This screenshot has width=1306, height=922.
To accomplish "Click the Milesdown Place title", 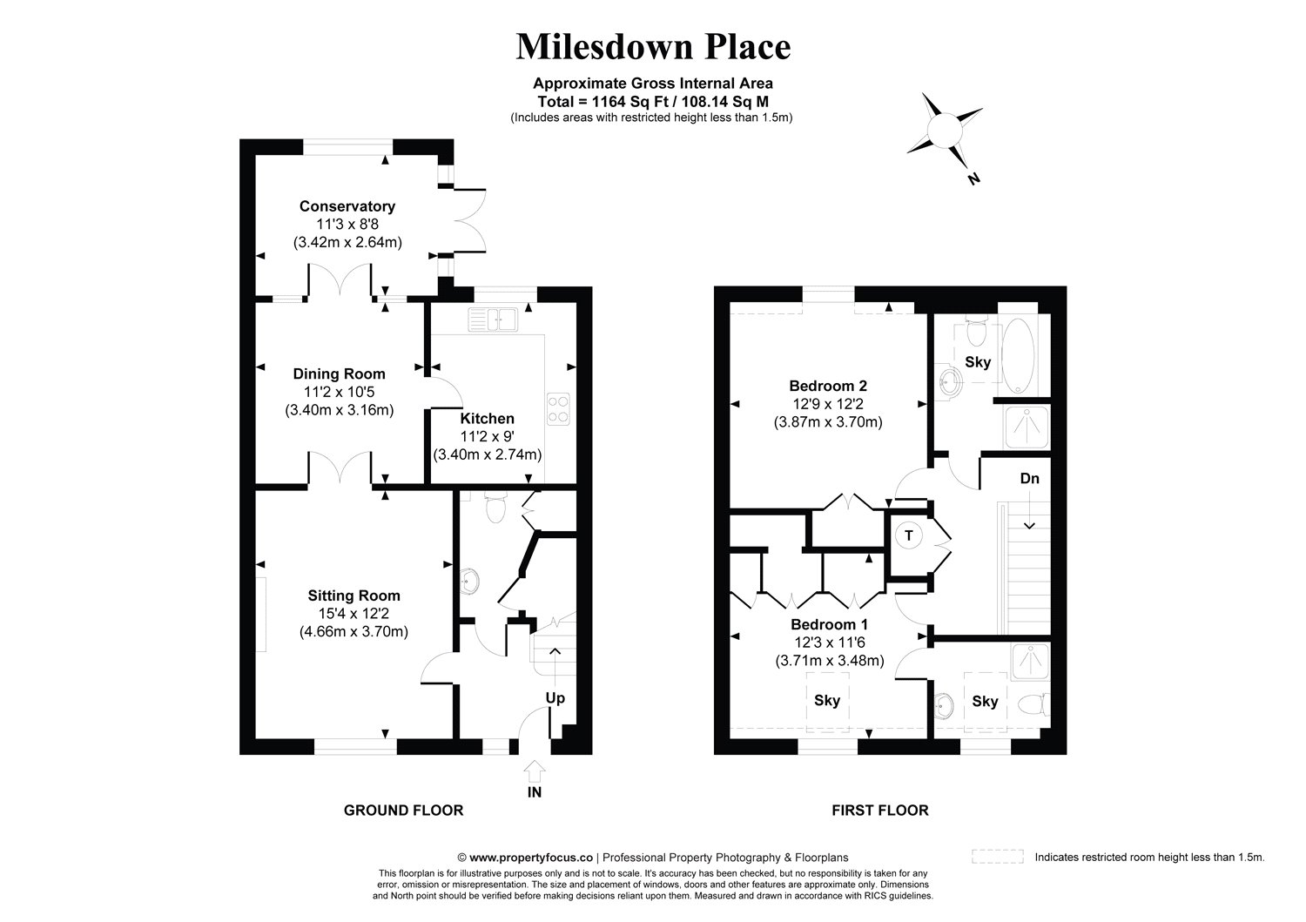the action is tap(653, 47).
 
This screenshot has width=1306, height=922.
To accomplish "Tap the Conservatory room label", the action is tap(347, 205).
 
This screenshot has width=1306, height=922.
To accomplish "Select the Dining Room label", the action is tap(339, 374).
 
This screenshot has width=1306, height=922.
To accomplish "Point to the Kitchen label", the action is tap(488, 418).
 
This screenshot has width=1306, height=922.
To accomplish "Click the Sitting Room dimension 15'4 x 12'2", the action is tap(353, 614).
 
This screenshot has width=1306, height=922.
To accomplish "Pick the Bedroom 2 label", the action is tap(828, 386).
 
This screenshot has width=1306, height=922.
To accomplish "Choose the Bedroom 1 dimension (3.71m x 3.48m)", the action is tap(830, 661).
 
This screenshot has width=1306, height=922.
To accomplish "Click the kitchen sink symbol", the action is tap(493, 320).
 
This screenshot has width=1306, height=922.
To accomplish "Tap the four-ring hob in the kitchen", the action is tap(559, 409).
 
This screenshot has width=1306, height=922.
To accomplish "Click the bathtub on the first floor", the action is tap(1018, 356).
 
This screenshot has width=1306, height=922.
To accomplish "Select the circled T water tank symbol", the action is tap(909, 535).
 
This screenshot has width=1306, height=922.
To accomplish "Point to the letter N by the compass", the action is tap(973, 179).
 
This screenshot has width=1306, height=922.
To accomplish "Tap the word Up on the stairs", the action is tap(555, 698).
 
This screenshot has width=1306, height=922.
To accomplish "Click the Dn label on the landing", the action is tap(1030, 479).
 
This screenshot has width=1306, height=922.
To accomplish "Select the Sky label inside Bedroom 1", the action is tap(827, 700).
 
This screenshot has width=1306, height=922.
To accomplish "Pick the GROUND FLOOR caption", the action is tap(403, 810).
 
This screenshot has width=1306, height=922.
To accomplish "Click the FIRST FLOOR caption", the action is tap(879, 810).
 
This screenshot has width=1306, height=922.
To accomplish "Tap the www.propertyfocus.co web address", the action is tap(531, 858).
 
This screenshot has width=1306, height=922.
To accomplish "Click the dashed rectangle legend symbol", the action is tap(998, 856).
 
